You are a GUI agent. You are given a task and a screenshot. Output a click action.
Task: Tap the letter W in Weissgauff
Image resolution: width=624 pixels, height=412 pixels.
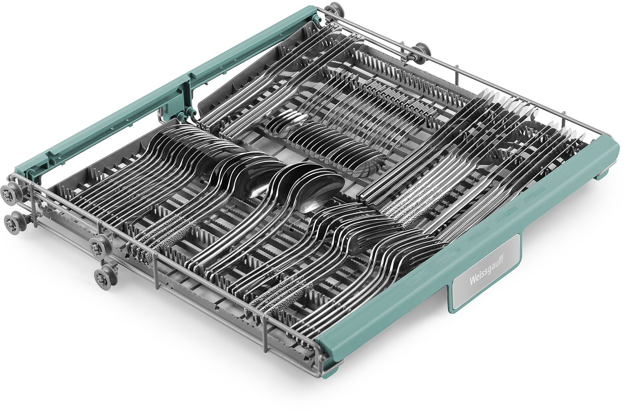(471, 283)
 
